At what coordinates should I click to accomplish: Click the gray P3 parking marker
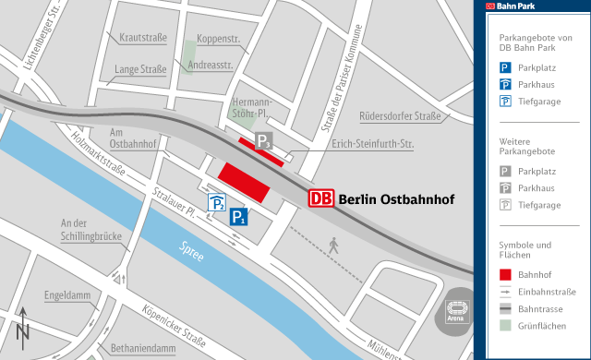264,141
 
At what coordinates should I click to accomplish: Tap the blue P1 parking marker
238,218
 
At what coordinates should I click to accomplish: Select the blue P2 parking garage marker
216,203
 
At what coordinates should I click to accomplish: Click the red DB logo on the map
321,198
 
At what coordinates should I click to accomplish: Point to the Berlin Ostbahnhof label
390,198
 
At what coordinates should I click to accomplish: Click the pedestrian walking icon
333,246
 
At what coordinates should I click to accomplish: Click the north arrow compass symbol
22,327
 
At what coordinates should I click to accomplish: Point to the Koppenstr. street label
219,40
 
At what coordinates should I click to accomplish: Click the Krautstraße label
142,38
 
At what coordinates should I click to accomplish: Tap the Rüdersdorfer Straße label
400,116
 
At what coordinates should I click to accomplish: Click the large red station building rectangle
243,179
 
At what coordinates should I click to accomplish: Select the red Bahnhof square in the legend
504,274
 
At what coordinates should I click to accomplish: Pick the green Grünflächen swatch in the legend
504,325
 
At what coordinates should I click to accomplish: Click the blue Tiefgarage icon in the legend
504,102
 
